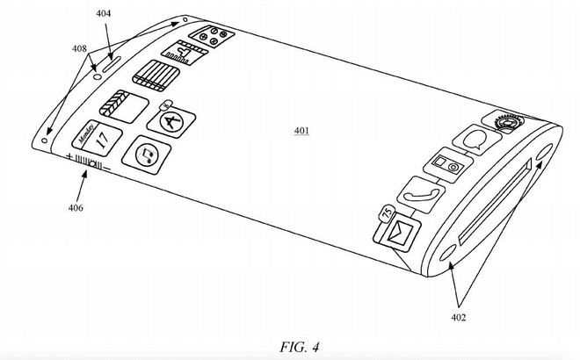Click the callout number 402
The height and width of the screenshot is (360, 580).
click(x=459, y=317)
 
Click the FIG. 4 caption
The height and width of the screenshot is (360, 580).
click(x=290, y=346)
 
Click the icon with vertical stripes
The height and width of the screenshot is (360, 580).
click(x=152, y=74)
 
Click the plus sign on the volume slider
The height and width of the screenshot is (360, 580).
click(x=69, y=157)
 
